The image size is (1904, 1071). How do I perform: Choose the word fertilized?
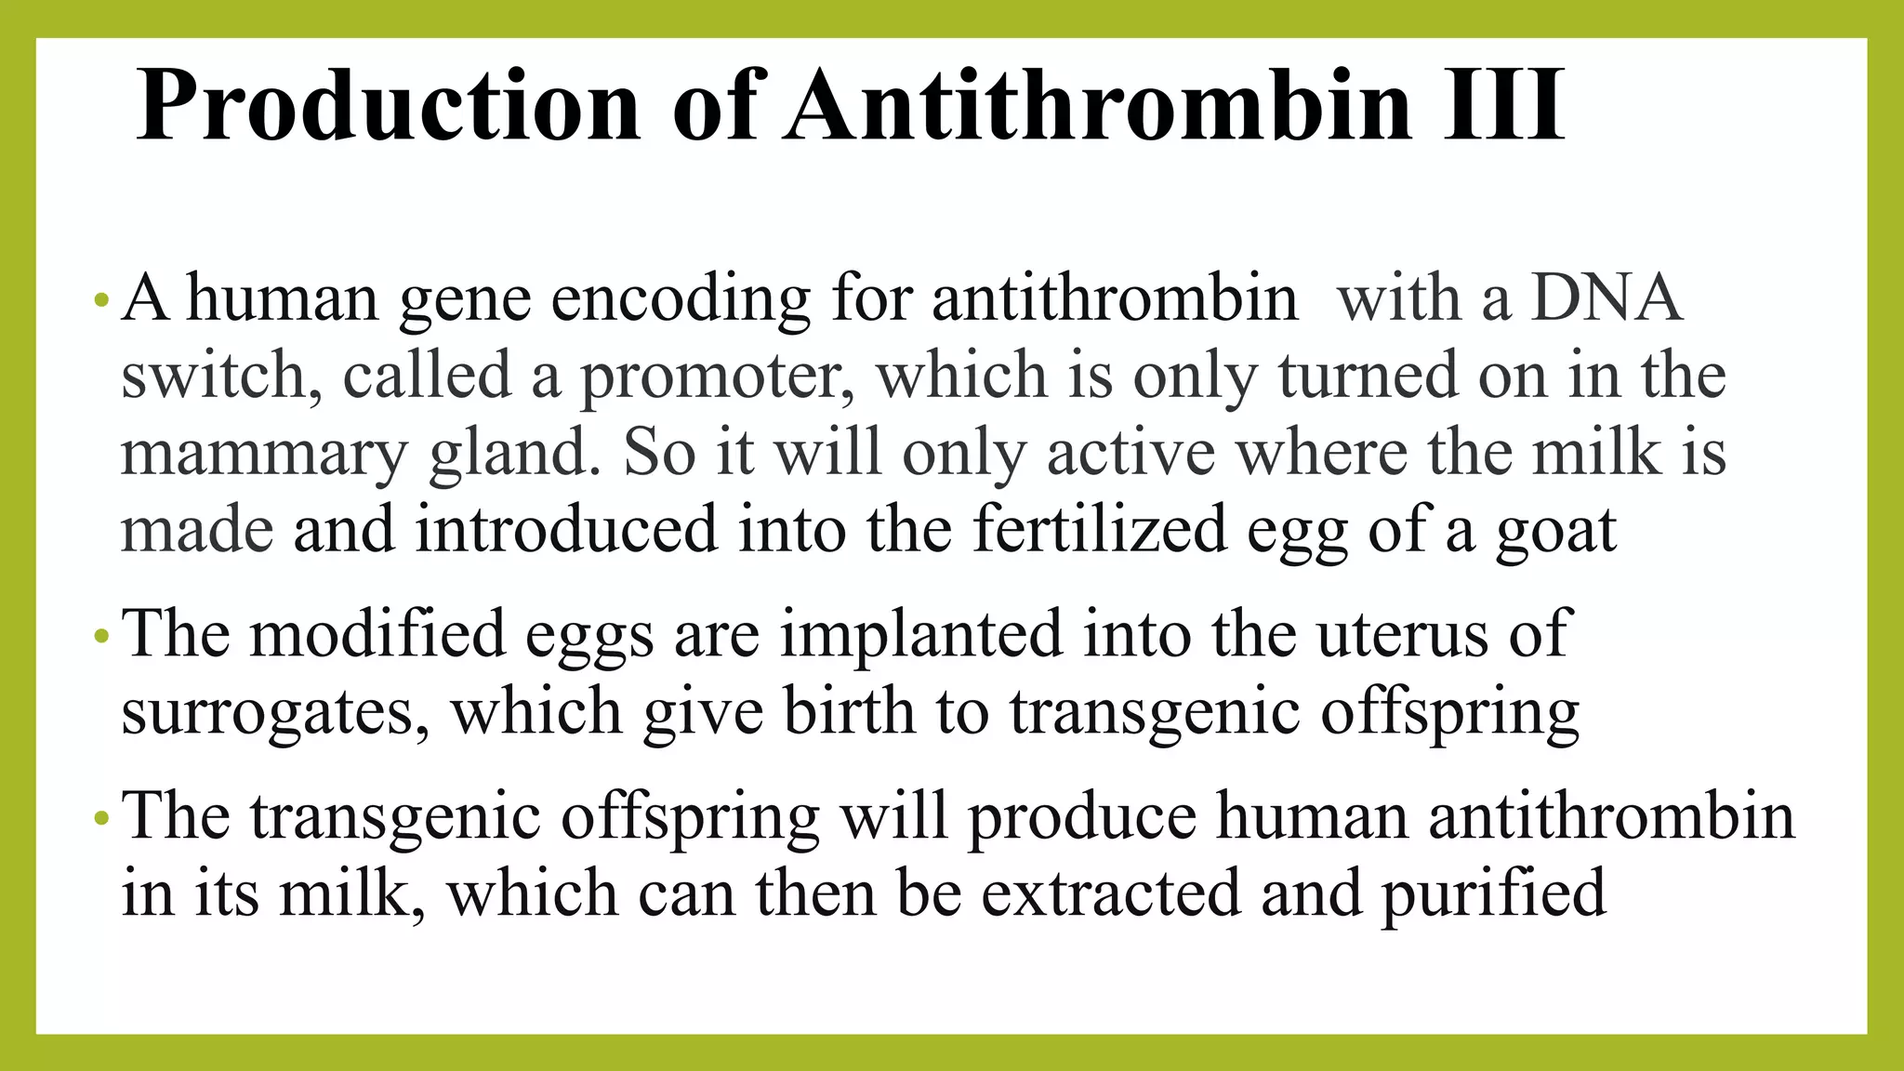pyautogui.click(x=1100, y=530)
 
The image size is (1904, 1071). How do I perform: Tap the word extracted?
pyautogui.click(x=1111, y=892)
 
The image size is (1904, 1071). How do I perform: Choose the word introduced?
pyautogui.click(x=566, y=530)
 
